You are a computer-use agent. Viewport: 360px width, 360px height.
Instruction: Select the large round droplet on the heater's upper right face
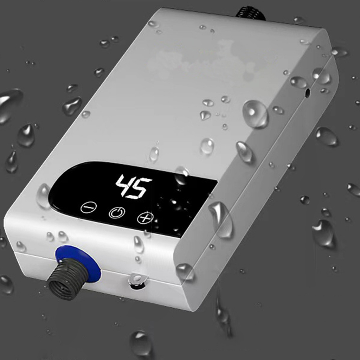tap(255, 113)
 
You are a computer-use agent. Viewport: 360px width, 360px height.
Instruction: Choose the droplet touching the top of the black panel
tap(181, 175)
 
